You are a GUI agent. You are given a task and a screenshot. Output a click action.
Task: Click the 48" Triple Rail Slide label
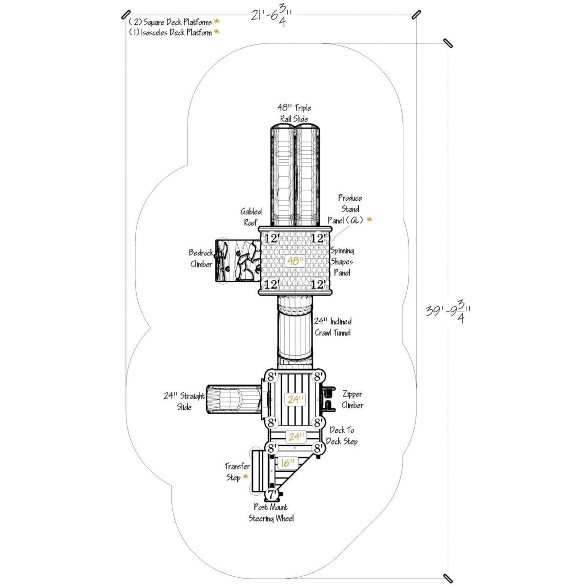click(295, 113)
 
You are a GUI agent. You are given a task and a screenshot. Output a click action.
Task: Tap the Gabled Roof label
click(251, 217)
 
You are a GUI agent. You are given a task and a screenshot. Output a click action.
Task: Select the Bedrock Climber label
click(201, 259)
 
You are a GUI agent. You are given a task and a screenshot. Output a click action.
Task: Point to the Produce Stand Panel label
click(351, 209)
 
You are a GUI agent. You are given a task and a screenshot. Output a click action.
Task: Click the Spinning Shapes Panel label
click(342, 262)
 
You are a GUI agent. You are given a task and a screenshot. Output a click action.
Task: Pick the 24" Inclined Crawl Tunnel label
click(333, 327)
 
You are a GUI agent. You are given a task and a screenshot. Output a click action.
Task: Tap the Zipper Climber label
click(352, 399)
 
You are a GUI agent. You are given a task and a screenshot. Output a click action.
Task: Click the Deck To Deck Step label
click(343, 436)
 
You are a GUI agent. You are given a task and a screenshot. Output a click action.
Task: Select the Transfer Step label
click(237, 472)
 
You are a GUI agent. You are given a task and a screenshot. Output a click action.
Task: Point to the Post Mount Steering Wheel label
click(271, 513)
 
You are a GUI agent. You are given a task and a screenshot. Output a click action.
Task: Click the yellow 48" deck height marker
click(295, 261)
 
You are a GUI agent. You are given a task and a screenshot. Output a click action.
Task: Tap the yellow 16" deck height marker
click(288, 462)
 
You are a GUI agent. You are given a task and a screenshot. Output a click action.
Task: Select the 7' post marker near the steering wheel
click(272, 494)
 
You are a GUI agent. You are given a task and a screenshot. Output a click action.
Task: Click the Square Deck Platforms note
click(170, 22)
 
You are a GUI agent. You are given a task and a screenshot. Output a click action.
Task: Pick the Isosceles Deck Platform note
click(170, 32)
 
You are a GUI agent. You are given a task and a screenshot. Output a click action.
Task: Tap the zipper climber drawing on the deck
click(328, 398)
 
